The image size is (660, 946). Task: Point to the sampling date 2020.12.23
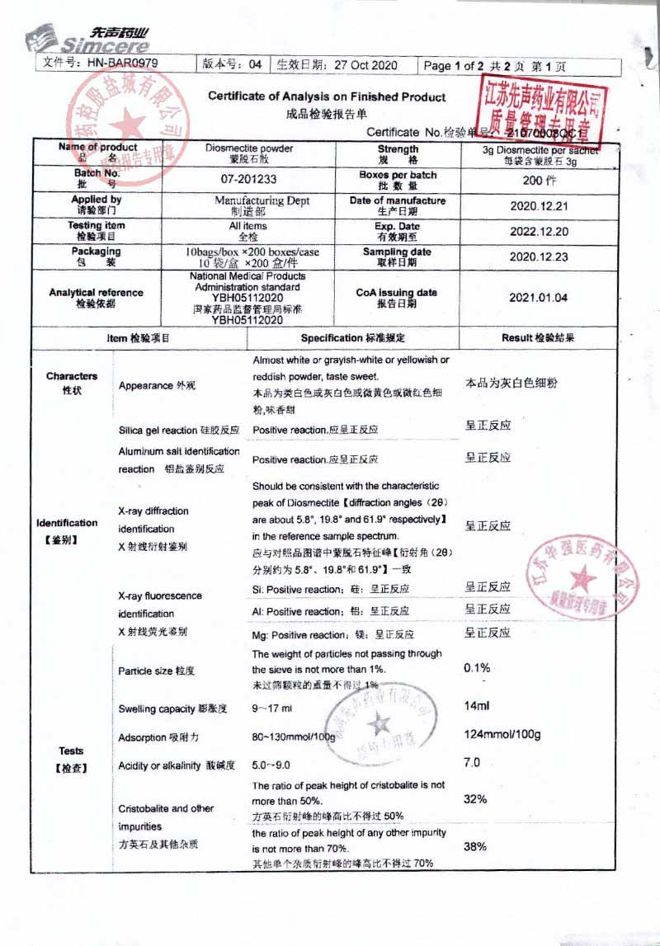tap(539, 257)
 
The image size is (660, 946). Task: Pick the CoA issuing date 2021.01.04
tap(539, 298)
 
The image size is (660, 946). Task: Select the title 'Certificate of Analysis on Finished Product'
tap(326, 96)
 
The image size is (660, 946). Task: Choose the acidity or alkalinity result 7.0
tap(472, 763)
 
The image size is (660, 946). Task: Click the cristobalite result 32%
tap(475, 799)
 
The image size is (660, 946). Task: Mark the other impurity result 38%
tap(475, 846)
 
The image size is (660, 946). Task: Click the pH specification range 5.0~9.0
tap(271, 765)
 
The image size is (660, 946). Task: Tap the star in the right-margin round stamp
tap(582, 576)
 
